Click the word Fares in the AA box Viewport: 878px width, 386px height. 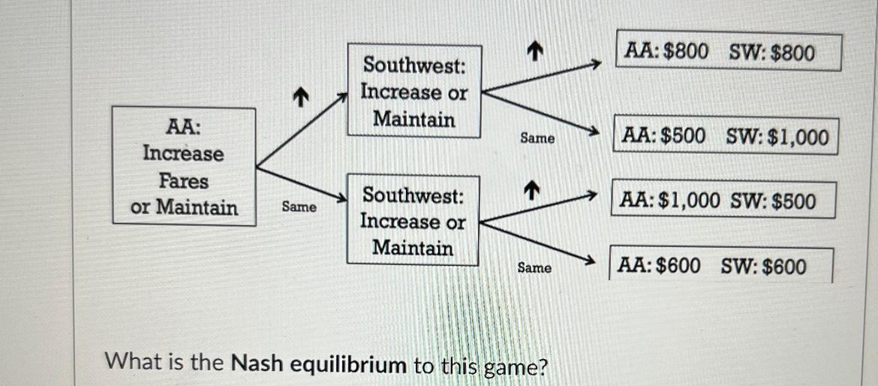(x=183, y=181)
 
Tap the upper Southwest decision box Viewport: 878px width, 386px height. (x=413, y=91)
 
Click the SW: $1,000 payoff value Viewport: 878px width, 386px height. (x=777, y=137)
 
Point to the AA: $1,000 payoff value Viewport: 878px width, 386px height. (x=670, y=201)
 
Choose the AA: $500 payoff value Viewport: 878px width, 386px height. (x=664, y=137)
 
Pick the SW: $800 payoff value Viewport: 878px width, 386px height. (x=772, y=53)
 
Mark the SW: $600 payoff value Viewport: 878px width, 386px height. (x=764, y=267)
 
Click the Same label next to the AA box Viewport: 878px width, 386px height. (x=299, y=207)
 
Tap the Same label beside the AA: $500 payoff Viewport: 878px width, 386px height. (x=537, y=138)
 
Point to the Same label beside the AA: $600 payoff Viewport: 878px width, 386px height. (x=534, y=267)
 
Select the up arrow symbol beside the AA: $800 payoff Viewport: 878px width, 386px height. (x=534, y=50)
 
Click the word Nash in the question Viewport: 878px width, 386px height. (x=257, y=364)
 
